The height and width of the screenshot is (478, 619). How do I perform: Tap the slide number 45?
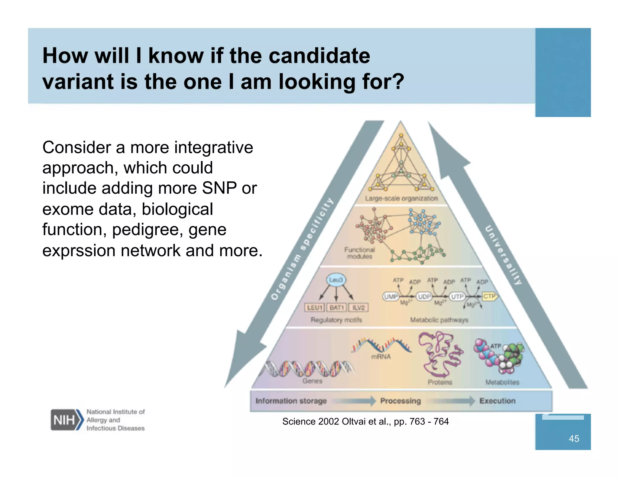(x=574, y=438)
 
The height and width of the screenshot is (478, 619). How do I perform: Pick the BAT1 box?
(x=336, y=308)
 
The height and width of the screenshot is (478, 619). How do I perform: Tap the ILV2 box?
(x=358, y=308)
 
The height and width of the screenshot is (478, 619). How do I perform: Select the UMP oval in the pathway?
(x=391, y=297)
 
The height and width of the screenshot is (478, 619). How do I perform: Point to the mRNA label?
(x=381, y=357)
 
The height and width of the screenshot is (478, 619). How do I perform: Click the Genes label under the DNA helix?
(x=312, y=381)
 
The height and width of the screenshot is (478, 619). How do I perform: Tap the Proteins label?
(x=440, y=382)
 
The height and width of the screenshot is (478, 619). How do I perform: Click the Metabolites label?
(x=502, y=382)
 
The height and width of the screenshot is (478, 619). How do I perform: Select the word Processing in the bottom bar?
(x=400, y=401)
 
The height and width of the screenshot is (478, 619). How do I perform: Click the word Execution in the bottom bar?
(x=497, y=401)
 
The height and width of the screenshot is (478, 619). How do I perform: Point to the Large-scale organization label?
(x=401, y=199)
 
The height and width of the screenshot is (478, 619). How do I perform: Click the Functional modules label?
(x=359, y=253)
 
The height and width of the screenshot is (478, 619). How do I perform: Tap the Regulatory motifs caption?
(x=336, y=320)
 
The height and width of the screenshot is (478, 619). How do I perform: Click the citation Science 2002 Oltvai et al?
(x=365, y=421)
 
